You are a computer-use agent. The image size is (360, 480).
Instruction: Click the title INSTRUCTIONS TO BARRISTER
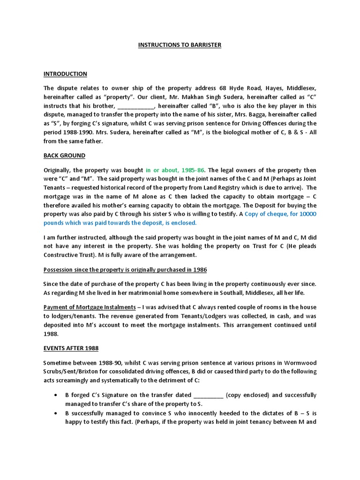pyautogui.click(x=180, y=45)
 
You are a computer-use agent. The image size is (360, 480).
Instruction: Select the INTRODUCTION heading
pyautogui.click(x=65, y=74)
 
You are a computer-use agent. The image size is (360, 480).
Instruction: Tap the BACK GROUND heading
pyautogui.click(x=64, y=155)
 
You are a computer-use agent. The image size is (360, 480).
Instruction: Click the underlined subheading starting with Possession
pyautogui.click(x=125, y=270)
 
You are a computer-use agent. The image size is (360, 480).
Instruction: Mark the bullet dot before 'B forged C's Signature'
pyautogui.click(x=54, y=395)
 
